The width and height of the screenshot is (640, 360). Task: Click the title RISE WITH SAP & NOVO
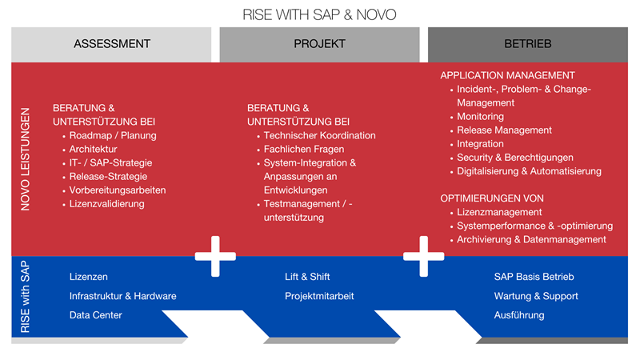click(319, 15)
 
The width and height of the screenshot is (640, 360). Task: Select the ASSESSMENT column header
click(112, 44)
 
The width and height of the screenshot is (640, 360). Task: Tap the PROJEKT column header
click(319, 44)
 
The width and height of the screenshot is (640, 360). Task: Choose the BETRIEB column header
click(527, 44)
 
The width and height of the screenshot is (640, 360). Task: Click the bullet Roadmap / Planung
click(113, 136)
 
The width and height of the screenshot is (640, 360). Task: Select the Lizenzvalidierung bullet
click(106, 205)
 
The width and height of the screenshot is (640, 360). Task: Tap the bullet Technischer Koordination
click(319, 136)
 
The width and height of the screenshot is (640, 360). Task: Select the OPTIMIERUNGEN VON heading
click(492, 198)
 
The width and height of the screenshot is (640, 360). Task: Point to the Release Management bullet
click(504, 130)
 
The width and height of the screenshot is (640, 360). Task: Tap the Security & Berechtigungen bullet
click(515, 158)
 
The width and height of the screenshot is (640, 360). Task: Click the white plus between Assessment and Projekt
click(215, 256)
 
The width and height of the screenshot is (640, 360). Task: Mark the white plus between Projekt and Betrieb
click(423, 256)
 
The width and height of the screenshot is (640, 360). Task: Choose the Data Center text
click(96, 315)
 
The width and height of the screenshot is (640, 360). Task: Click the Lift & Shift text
click(308, 277)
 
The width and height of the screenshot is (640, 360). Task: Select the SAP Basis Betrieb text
click(534, 277)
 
